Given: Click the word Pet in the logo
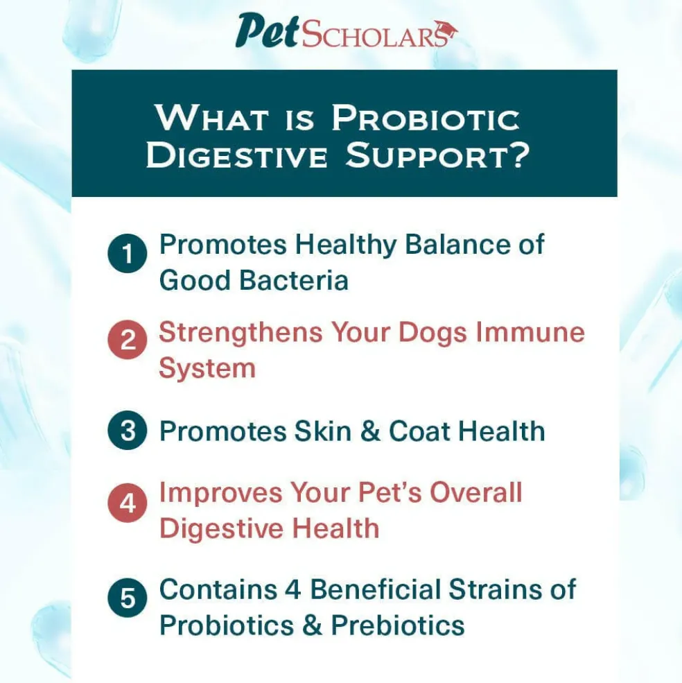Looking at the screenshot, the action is (x=268, y=31).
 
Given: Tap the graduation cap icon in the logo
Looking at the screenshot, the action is (x=445, y=31).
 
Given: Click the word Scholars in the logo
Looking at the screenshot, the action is (x=374, y=35).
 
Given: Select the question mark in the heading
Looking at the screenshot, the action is (x=518, y=155).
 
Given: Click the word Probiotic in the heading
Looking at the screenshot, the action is (x=426, y=118).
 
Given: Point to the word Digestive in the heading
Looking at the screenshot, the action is (x=236, y=155).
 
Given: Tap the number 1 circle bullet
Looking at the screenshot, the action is (x=127, y=254).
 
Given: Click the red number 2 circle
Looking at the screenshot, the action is (x=127, y=340).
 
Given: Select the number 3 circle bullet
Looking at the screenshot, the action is (x=127, y=431).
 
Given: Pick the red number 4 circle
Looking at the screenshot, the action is (x=127, y=503).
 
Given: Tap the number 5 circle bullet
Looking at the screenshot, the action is (x=127, y=598).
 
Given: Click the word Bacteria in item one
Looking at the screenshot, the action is (x=294, y=279).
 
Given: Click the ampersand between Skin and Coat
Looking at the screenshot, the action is (x=370, y=431).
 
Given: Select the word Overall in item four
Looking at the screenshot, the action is (x=476, y=492).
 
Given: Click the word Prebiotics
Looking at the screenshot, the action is (x=398, y=625).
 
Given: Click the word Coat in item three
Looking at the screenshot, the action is (x=419, y=431).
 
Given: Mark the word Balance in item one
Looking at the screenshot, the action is (x=457, y=244).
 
